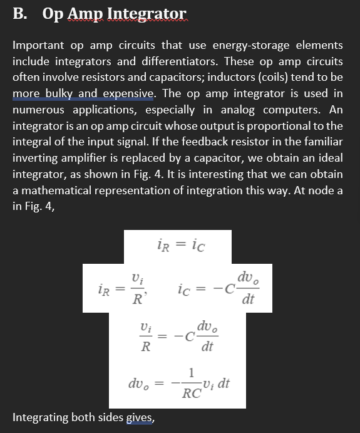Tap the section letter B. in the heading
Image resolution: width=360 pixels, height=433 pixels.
coord(20,14)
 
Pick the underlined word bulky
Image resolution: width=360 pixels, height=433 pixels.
coord(59,94)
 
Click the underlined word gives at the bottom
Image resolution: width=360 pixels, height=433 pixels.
coord(140,416)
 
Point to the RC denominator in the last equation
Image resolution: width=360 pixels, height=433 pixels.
coord(191,394)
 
